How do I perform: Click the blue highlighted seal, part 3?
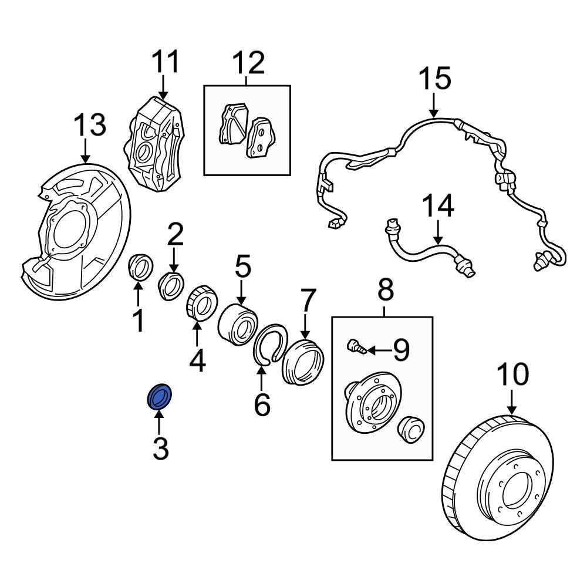pos(159,397)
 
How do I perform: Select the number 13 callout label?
pos(90,125)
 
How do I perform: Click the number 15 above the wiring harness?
pos(434,79)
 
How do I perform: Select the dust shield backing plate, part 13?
pos(73,232)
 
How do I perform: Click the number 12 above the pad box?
pos(249,63)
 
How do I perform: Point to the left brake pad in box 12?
pos(232,124)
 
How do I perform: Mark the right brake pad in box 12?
pos(259,138)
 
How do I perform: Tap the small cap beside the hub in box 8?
pos(410,430)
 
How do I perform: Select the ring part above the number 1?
pos(140,268)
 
